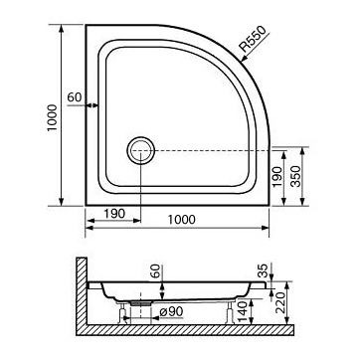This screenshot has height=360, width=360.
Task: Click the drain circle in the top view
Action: [139, 151]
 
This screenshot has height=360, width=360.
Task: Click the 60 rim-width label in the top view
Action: [74, 95]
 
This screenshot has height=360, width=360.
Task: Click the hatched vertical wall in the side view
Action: [79, 293]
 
